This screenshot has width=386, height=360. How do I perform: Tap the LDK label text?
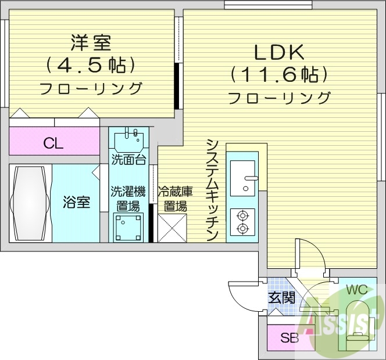(x=278, y=52)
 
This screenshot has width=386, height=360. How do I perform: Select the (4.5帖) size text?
(x=91, y=64)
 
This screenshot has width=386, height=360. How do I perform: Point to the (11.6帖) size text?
(x=279, y=75)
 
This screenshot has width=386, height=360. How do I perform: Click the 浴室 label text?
(x=77, y=203)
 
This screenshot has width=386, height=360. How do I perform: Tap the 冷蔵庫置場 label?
(x=173, y=198)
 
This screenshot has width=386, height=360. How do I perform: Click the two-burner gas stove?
(x=242, y=221)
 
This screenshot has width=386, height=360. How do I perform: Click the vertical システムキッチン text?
(x=212, y=189)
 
